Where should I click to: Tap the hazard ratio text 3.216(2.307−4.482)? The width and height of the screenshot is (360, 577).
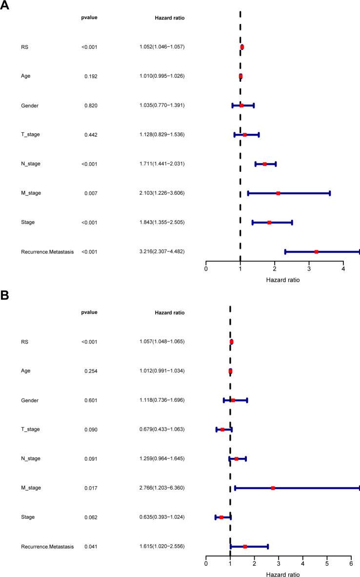click(161, 251)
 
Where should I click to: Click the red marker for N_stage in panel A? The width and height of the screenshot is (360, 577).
click(265, 164)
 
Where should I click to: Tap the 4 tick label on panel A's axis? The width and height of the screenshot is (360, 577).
click(343, 268)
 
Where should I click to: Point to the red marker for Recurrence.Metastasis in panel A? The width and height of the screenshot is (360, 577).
click(317, 252)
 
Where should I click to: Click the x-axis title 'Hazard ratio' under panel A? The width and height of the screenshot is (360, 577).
click(283, 280)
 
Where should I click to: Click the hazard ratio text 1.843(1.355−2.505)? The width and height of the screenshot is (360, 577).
click(161, 223)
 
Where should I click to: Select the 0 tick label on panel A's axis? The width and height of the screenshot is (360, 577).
click(206, 268)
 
